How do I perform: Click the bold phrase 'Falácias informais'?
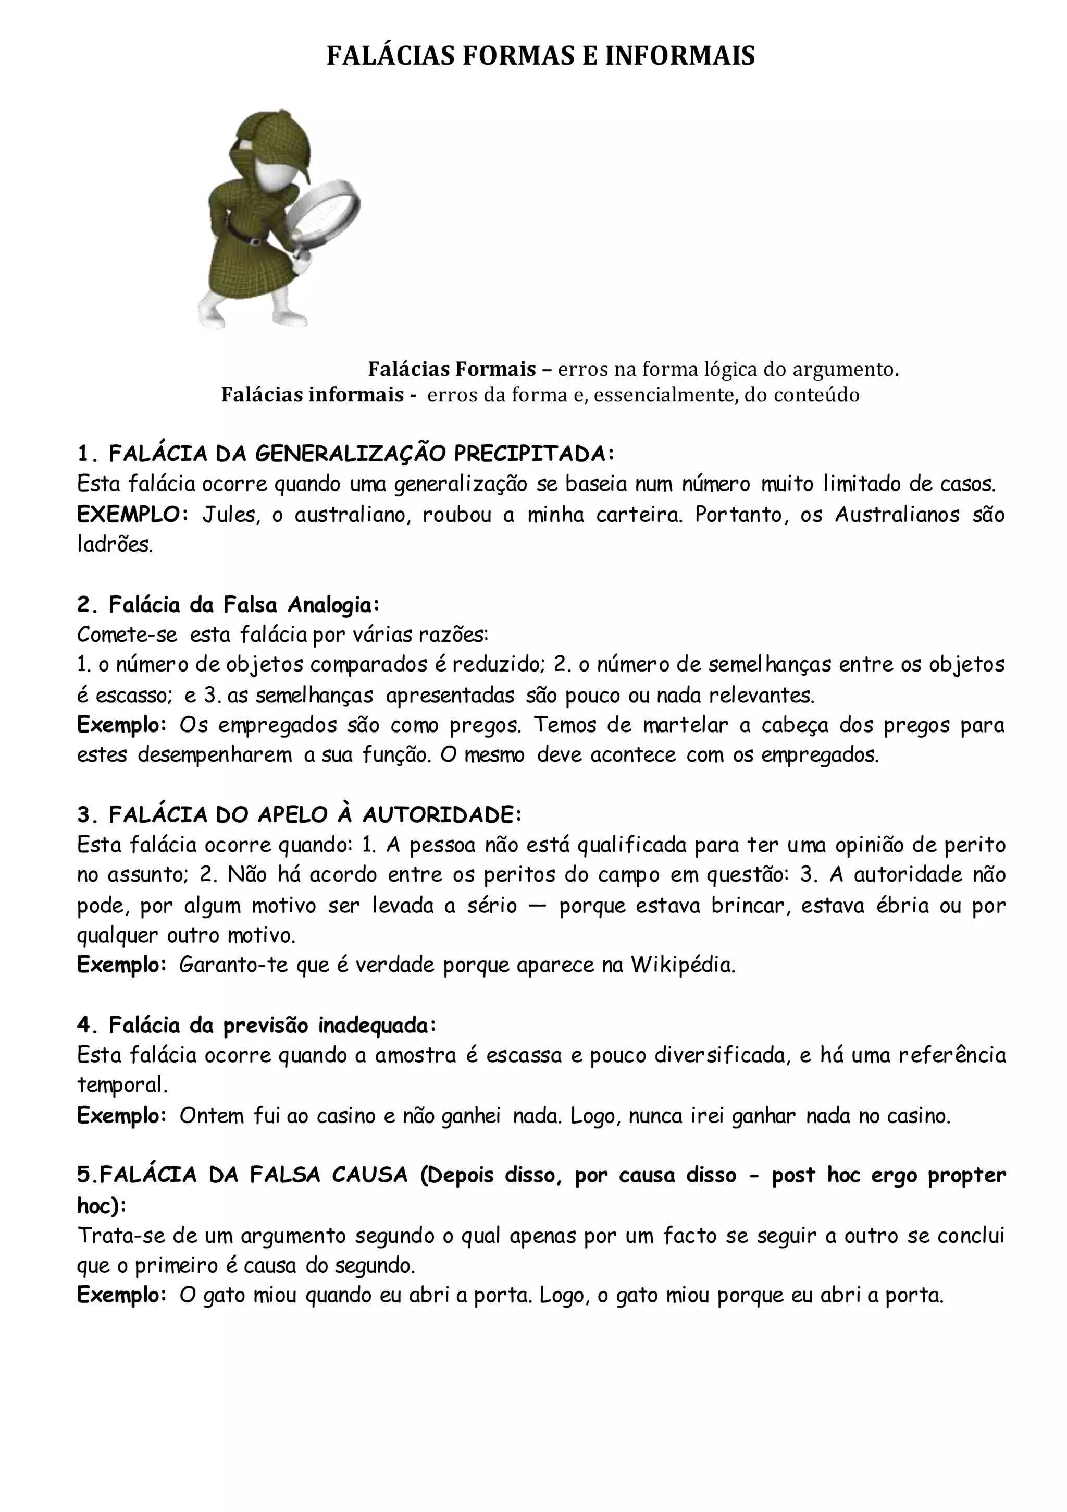tap(313, 395)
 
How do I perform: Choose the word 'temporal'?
tap(120, 1084)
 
